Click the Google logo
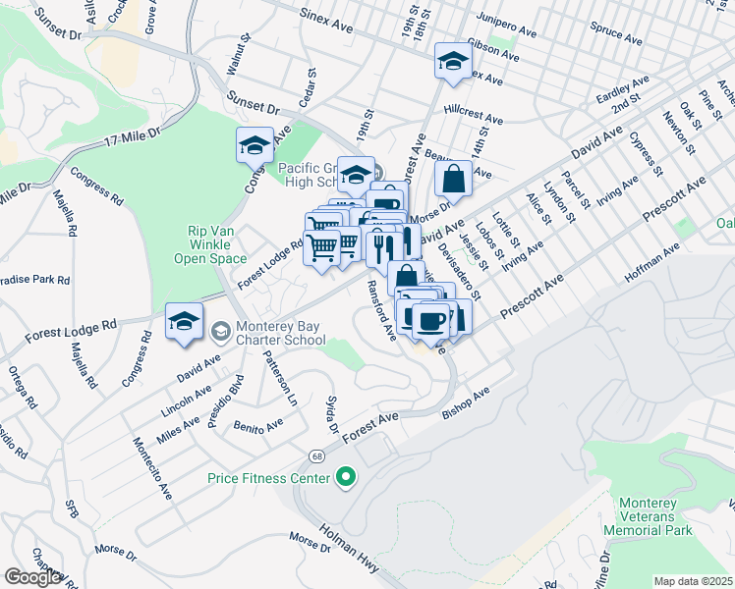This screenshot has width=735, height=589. click(x=32, y=577)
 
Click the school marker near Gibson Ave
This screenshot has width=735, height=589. click(x=452, y=61)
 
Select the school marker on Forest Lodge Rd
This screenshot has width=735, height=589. click(x=184, y=321)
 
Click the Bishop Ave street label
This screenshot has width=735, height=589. click(x=466, y=403)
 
